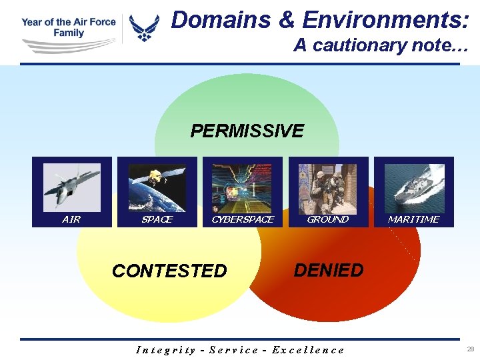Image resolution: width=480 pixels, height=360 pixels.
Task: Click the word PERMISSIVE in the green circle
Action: pos(247,131)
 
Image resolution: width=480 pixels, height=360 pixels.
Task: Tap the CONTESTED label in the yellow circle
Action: pos(169,271)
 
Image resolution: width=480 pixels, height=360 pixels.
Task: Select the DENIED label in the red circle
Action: pos(329,270)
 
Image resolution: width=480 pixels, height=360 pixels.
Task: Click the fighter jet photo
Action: pos(72,187)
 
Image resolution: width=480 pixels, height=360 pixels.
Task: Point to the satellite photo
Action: pos(157,187)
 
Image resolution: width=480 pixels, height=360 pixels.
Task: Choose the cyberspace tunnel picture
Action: pos(243,187)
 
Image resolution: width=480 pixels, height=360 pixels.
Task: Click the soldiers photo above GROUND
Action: pos(327,187)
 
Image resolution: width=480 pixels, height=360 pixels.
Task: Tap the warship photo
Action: pos(413,187)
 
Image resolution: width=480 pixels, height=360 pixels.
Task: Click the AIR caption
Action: pos(71,219)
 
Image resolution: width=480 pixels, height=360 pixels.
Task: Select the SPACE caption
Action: pos(157,219)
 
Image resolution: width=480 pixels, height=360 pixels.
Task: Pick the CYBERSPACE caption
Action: pos(243,219)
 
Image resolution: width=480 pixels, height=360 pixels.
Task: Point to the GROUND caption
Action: pos(327,219)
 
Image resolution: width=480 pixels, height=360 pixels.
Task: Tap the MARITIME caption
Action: pos(413,219)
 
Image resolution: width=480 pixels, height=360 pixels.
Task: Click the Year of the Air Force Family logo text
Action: pos(68,27)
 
